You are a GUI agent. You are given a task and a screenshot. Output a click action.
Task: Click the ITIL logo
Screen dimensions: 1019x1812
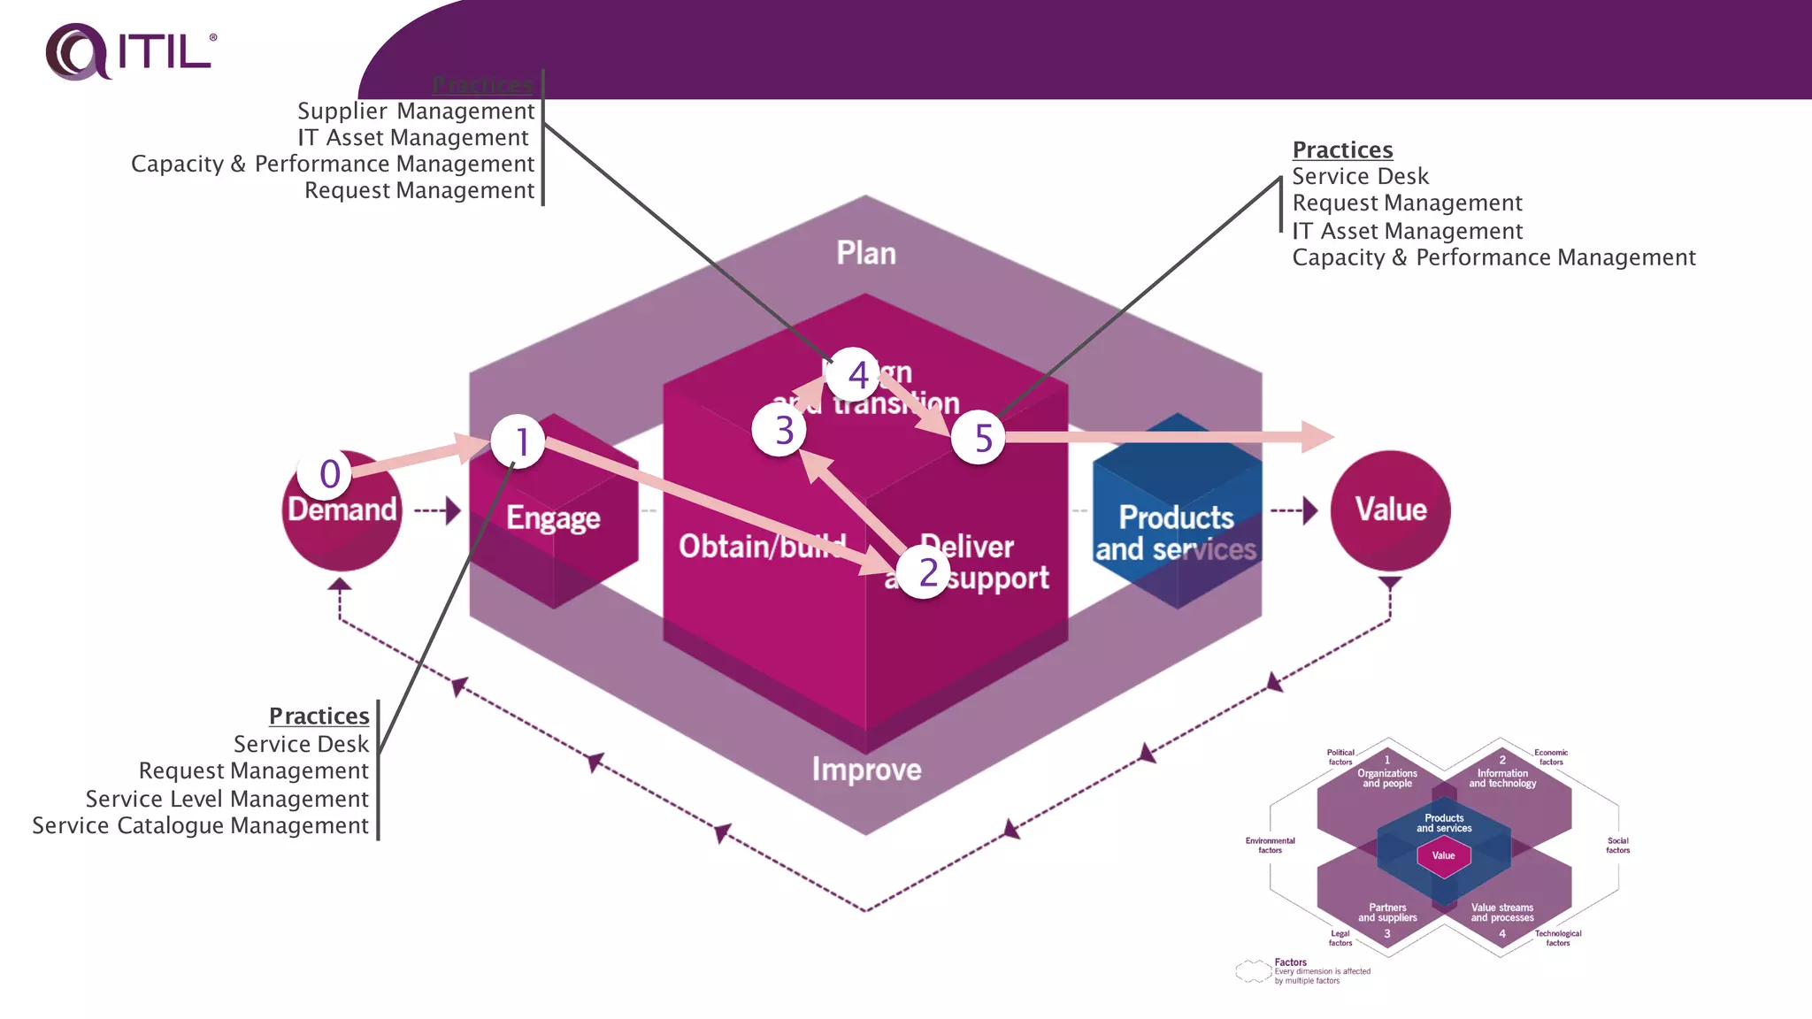pos(130,51)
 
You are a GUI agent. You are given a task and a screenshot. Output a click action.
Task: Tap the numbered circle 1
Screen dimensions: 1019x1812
pos(518,441)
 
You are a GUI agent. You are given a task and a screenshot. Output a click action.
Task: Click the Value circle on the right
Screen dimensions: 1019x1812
pos(1390,510)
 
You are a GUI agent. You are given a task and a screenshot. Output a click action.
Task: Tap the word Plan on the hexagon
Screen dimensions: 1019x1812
pos(866,254)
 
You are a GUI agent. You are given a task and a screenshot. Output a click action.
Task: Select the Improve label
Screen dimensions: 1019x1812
pos(866,770)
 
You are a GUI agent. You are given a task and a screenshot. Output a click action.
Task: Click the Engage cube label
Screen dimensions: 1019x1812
pos(553,518)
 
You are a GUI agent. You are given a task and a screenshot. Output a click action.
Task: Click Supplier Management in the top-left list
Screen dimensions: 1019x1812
pos(416,111)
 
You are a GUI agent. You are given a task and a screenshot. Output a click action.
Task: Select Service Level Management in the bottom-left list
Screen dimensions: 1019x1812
pos(227,799)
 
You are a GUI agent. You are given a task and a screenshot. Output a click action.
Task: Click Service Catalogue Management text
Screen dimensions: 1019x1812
pos(201,825)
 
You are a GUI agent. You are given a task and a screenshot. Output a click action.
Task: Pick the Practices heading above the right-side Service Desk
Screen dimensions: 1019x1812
pos(1342,149)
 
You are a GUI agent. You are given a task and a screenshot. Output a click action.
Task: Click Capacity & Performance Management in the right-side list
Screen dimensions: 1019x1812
pos(1493,257)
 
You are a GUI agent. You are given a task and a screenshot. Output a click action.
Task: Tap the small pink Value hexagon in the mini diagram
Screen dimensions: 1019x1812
pos(1443,855)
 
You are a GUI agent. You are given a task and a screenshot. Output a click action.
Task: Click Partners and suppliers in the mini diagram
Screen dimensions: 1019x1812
pos(1387,912)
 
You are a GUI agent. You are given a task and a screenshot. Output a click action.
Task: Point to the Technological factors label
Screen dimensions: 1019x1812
pos(1557,938)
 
